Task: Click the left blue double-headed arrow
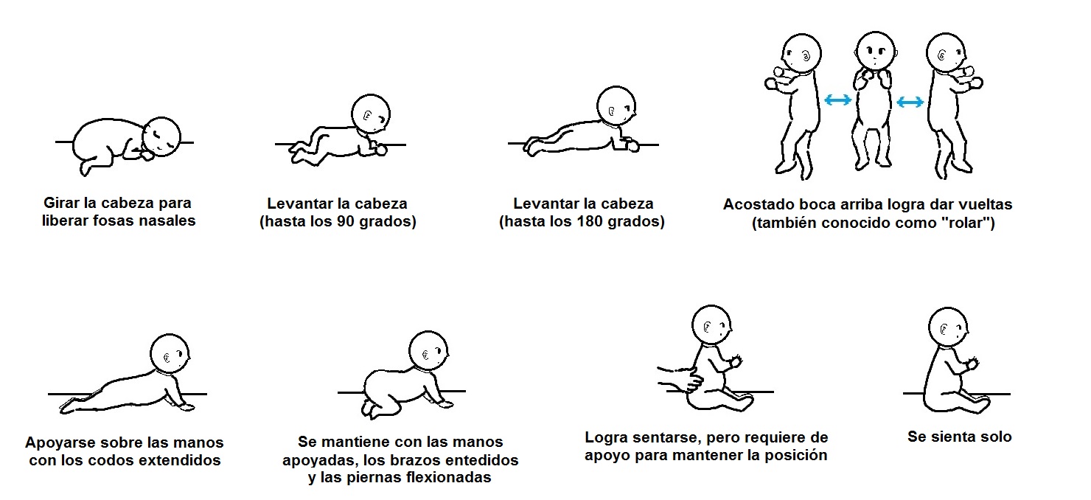click(x=837, y=100)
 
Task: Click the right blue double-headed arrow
click(x=910, y=102)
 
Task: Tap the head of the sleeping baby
click(x=161, y=137)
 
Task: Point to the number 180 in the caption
click(x=590, y=221)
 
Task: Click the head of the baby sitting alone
click(x=948, y=327)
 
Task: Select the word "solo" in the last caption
click(x=993, y=437)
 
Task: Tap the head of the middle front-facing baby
click(x=875, y=51)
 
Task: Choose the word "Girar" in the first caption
click(x=61, y=203)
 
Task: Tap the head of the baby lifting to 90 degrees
click(x=371, y=114)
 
